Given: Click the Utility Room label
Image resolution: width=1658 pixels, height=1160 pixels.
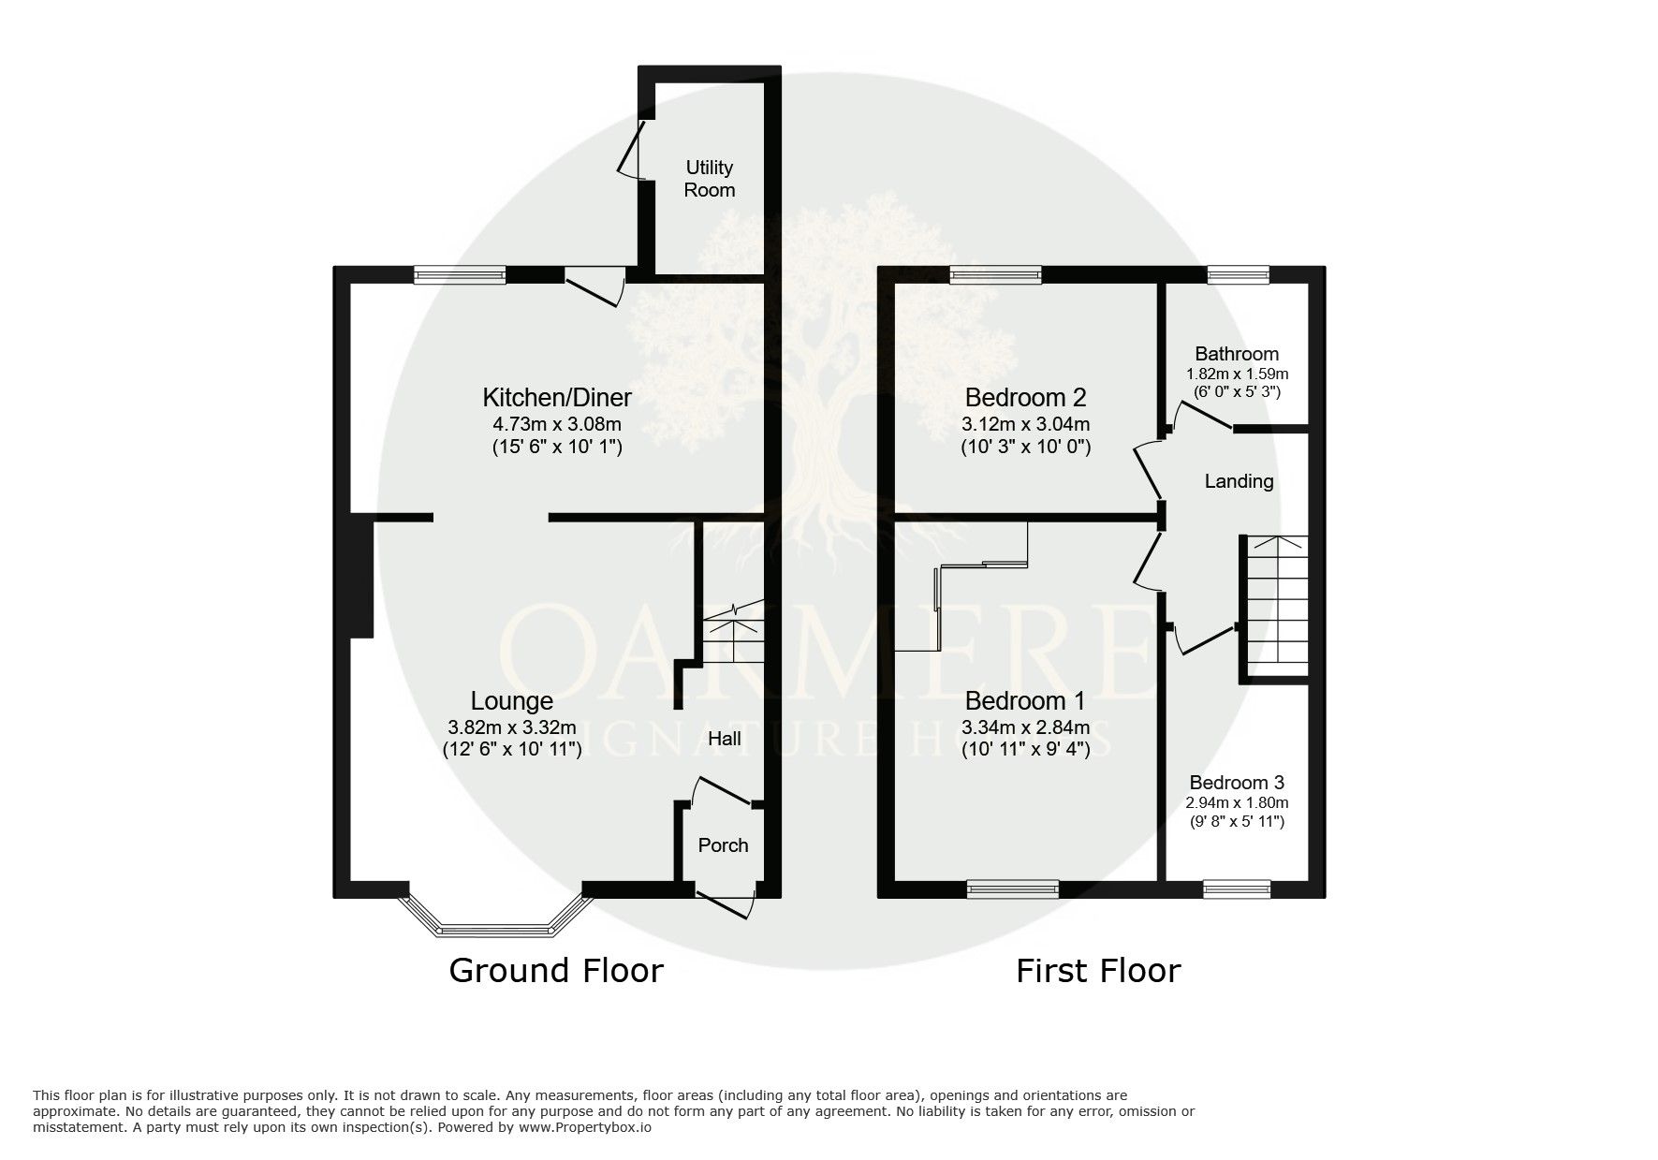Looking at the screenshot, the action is [710, 179].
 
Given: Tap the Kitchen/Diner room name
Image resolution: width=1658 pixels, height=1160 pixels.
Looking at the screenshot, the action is [557, 397].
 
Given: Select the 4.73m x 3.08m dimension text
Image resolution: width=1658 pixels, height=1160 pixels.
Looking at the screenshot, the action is [557, 424].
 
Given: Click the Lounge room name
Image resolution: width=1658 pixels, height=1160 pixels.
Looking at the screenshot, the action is [511, 700].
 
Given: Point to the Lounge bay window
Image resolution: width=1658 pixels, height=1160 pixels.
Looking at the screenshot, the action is [495, 918].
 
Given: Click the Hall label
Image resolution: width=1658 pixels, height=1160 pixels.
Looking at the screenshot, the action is [725, 739].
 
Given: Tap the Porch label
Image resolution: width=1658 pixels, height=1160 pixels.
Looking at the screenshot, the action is [724, 845].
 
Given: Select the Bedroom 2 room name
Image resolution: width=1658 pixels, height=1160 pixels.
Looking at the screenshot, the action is [1026, 397].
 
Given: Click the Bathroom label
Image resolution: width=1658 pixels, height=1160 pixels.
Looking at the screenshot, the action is [1237, 354].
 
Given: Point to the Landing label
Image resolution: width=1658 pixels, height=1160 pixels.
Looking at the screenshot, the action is [1239, 481].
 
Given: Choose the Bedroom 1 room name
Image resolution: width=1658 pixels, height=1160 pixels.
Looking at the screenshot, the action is [1025, 700].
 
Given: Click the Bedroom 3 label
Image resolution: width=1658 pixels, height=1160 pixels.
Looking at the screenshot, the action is [1237, 783].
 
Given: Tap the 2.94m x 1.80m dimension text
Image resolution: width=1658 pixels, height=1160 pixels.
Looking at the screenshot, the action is [1237, 803].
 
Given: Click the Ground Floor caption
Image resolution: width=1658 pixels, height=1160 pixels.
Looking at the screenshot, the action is [556, 970].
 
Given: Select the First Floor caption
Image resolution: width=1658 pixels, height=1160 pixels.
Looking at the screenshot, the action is [1098, 971].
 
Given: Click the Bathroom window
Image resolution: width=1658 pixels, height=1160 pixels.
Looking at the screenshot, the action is [1238, 274].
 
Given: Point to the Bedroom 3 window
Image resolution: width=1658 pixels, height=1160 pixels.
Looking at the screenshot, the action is [1237, 888].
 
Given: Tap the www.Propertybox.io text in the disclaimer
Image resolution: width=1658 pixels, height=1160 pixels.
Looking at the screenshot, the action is [585, 1128].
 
